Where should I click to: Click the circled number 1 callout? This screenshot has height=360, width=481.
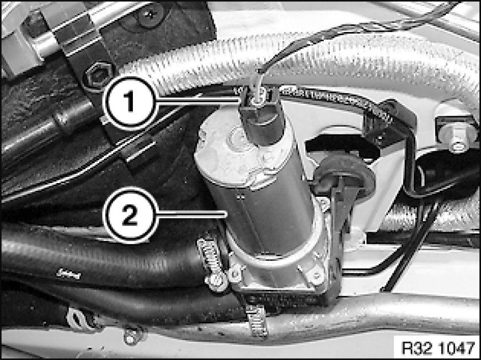[x=130, y=103]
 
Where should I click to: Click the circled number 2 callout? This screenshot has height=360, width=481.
[x=130, y=215]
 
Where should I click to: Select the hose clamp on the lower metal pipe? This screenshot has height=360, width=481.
[x=258, y=320]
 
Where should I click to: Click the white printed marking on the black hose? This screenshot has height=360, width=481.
[x=68, y=273]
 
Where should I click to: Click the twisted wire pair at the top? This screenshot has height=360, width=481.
[x=353, y=28]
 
